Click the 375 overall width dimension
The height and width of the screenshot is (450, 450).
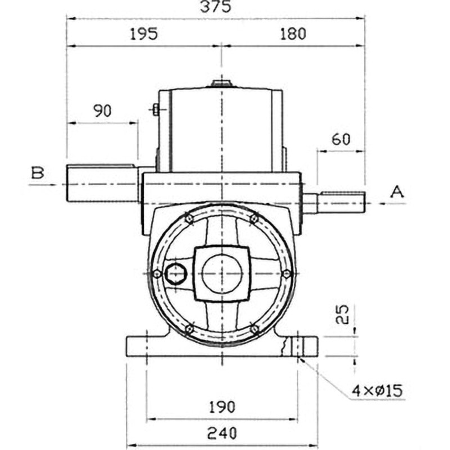coord(215,7)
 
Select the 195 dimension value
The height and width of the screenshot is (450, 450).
coord(144,34)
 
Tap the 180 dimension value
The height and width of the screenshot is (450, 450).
coord(293,34)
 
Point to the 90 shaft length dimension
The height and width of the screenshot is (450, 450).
coord(102,111)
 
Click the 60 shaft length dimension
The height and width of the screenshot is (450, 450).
coord(341,139)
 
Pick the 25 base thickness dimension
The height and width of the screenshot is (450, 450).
coord(342,314)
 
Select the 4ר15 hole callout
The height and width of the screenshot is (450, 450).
coord(377,390)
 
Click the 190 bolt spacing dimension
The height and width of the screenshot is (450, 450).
coord(222,407)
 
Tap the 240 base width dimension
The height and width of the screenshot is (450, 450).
coord(222,433)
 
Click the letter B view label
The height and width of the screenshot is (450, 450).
coord(38,173)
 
